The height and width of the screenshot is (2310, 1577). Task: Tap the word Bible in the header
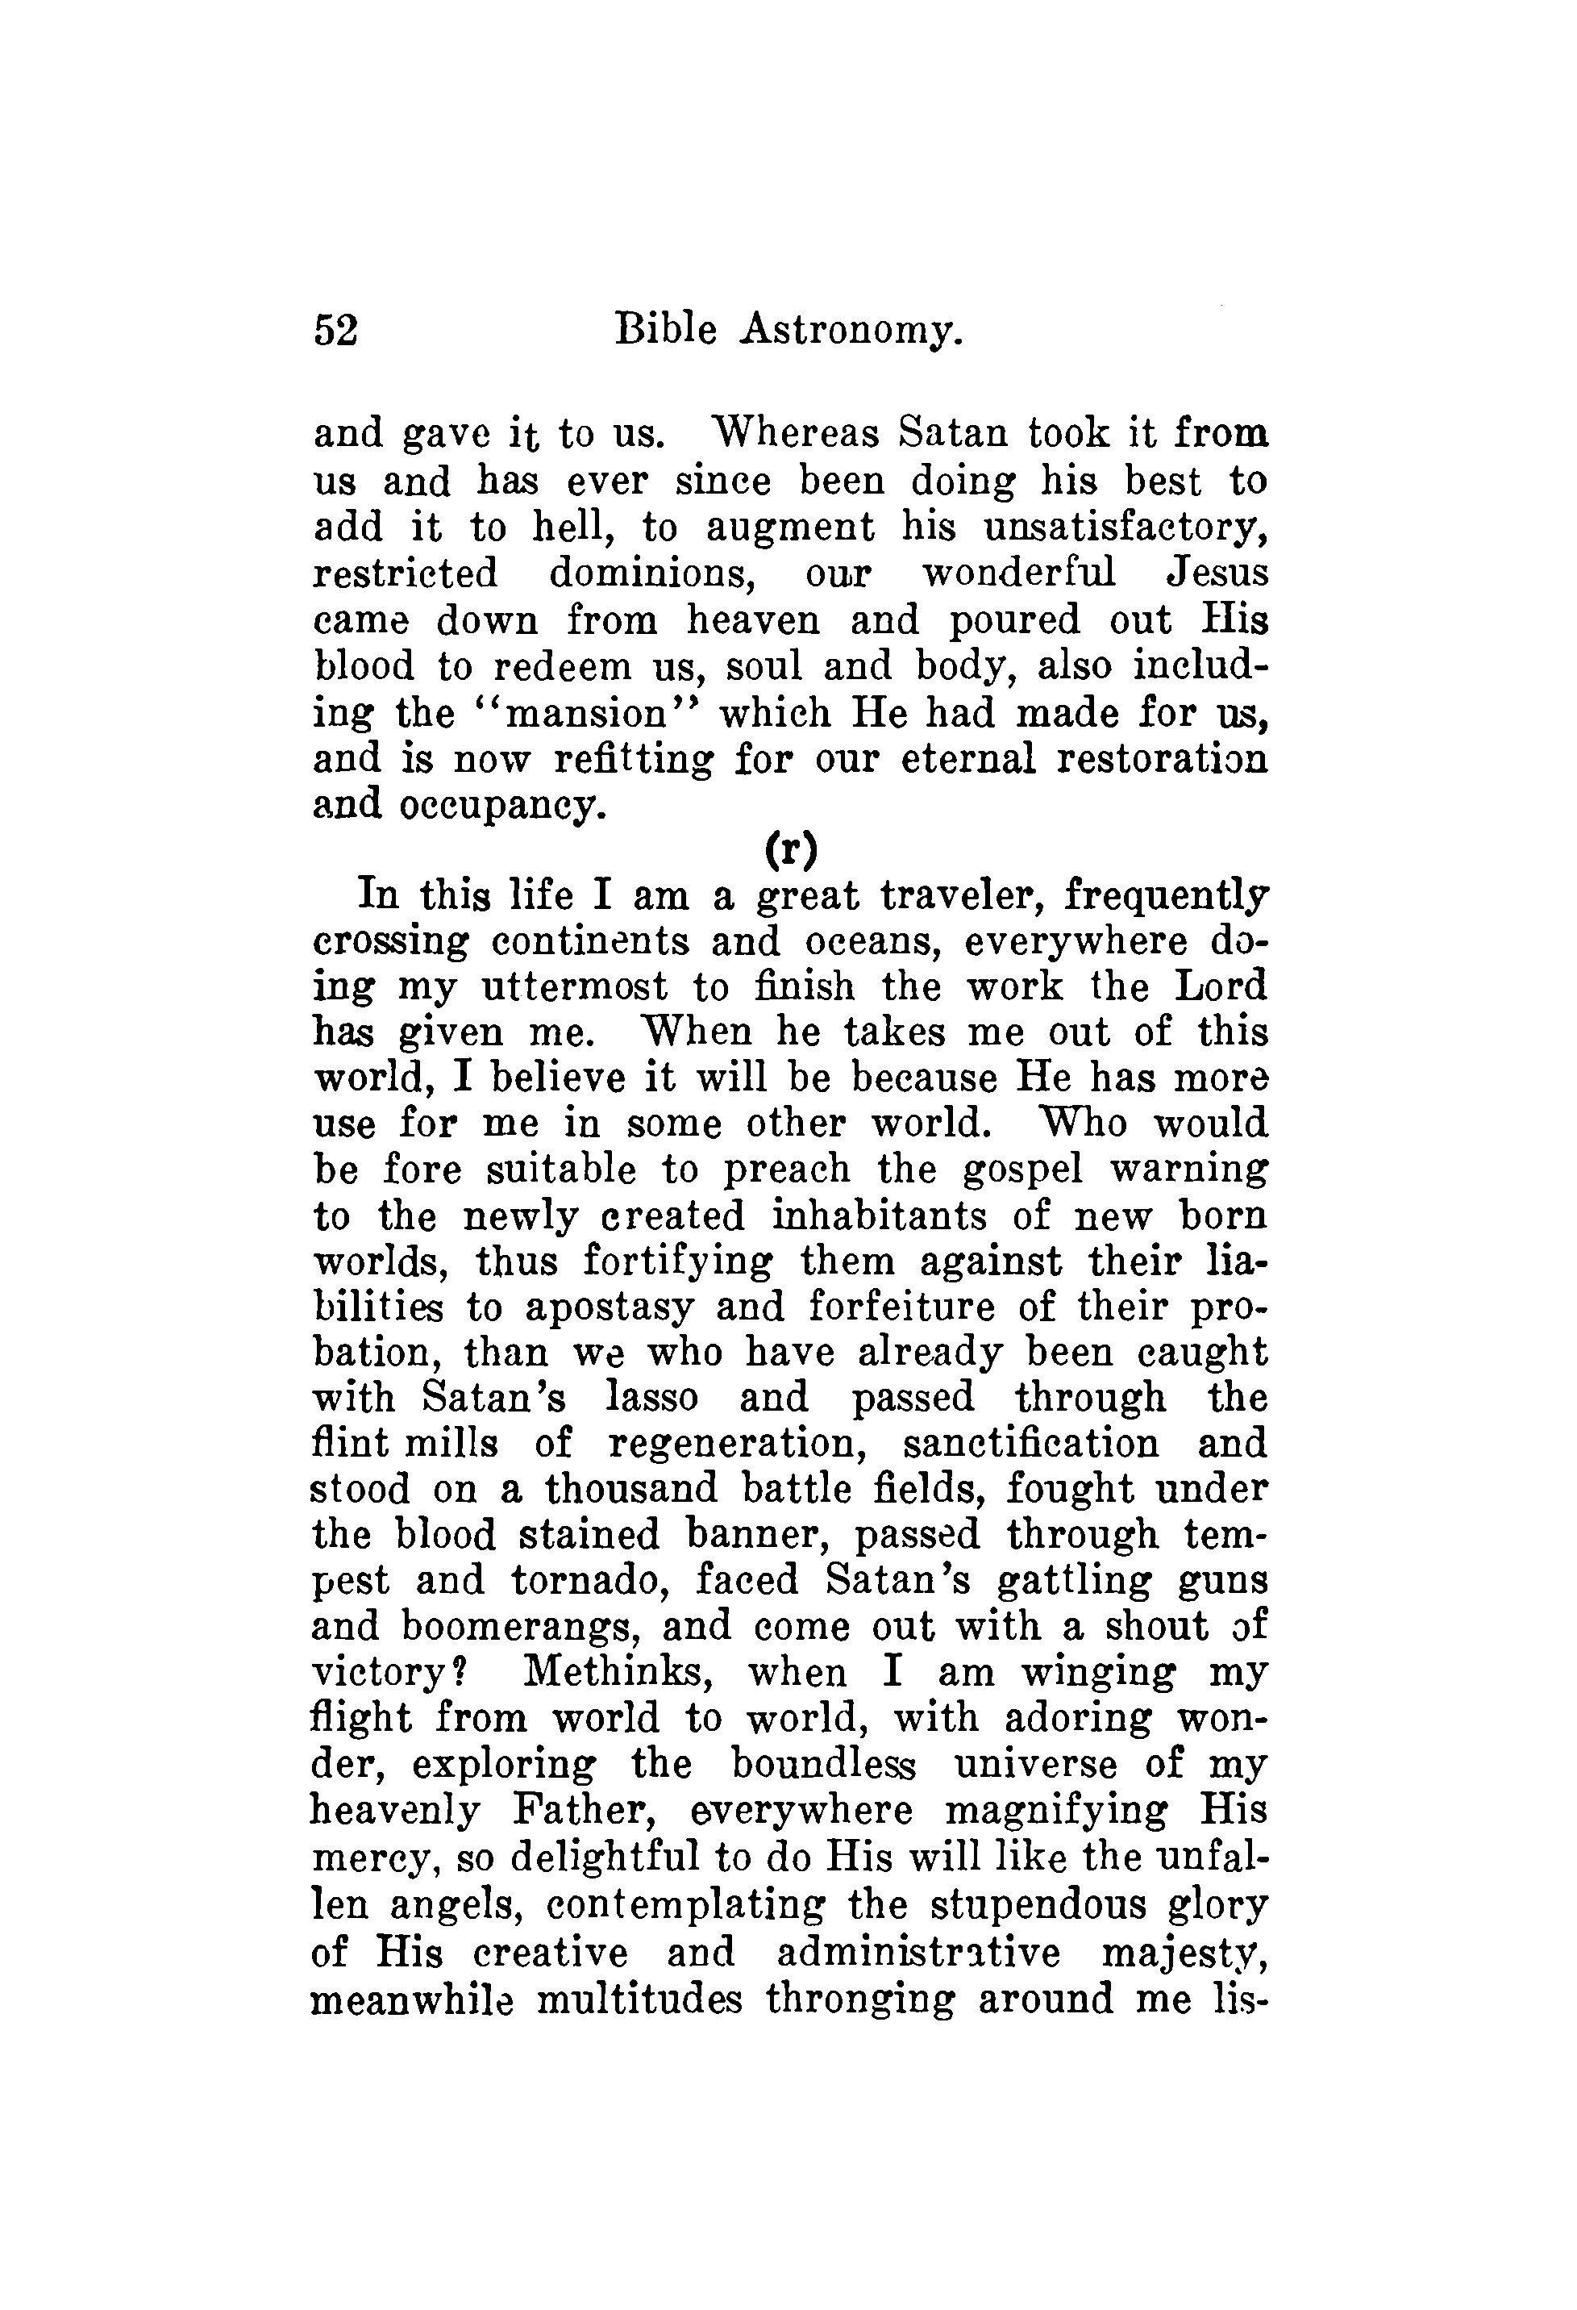665,329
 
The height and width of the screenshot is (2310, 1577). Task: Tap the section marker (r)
791,850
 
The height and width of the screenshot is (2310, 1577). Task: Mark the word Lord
1221,987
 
